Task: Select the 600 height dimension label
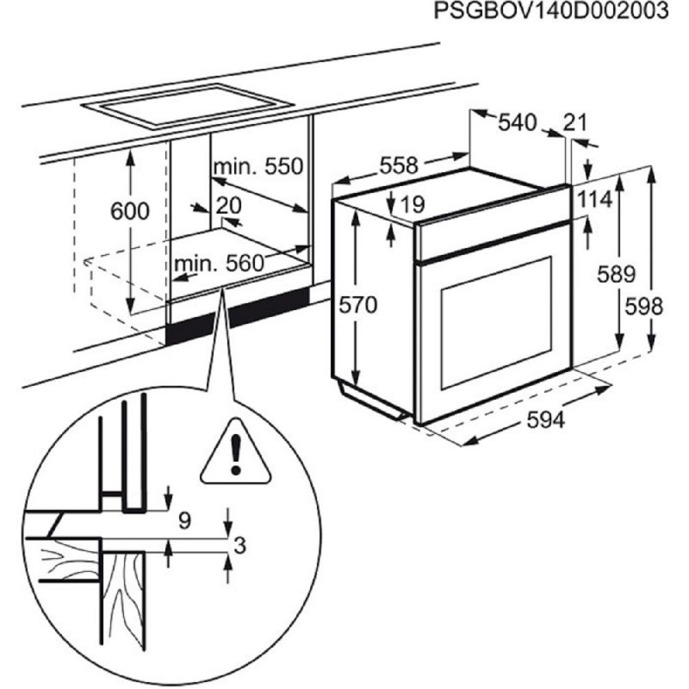click(x=129, y=210)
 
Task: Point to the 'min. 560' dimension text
click(x=218, y=263)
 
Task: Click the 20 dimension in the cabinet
click(x=228, y=205)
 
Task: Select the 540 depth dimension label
click(x=518, y=122)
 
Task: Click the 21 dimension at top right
click(x=574, y=122)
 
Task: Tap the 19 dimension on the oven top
click(x=413, y=204)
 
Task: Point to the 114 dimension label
click(x=593, y=200)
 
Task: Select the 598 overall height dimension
click(x=644, y=305)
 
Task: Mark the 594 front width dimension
click(x=545, y=420)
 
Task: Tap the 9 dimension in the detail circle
click(x=183, y=519)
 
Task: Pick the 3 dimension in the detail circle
click(x=240, y=543)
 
